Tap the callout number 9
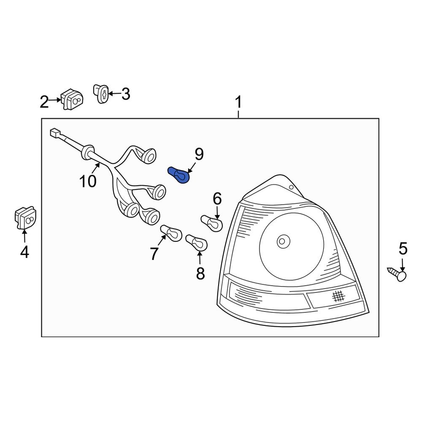199,154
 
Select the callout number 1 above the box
238,102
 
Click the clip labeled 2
72,99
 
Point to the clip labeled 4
25,217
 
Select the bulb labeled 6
212,223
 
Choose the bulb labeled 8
196,243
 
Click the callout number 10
88,181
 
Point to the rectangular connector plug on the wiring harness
54,133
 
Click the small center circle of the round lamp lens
281,241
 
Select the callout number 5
403,249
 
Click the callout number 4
24,252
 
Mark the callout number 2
44,102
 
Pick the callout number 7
154,254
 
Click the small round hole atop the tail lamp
291,187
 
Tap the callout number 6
217,197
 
